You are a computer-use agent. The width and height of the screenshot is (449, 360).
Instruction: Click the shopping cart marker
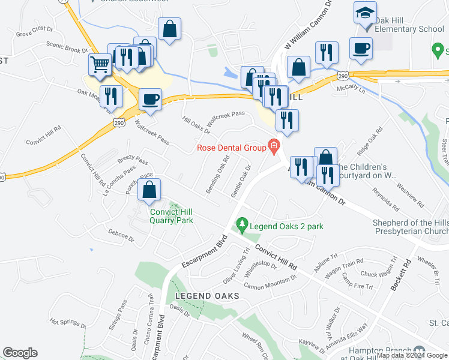pos(100,63)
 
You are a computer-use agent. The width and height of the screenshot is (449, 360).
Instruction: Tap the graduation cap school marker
pos(364,13)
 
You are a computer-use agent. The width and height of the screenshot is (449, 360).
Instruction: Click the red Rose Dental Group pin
pos(274,145)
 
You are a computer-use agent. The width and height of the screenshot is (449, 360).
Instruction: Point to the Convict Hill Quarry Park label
pos(171,215)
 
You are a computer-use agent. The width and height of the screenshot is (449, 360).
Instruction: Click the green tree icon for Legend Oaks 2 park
pos(242,225)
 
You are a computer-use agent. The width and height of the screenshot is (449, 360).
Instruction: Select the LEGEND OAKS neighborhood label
pos(207,296)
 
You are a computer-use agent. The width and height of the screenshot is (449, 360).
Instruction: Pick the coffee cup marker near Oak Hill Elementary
pos(361,49)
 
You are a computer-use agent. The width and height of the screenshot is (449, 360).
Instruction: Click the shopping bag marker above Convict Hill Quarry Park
pos(149,190)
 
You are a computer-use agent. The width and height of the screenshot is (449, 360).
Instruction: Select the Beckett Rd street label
pos(400,275)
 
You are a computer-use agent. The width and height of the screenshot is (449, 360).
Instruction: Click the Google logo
pos(20,353)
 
